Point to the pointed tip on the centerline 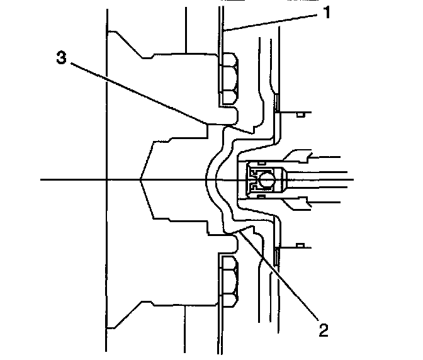click(142, 180)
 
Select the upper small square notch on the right click(301, 114)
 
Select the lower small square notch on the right click(301, 244)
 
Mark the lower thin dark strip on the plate click(276, 255)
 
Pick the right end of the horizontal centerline click(353, 180)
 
